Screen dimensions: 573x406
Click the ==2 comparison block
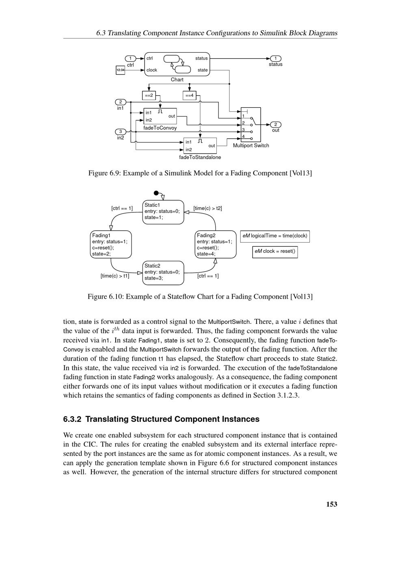click(x=149, y=96)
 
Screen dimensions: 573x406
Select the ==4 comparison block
click(x=190, y=96)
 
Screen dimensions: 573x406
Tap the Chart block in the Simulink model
click(x=177, y=64)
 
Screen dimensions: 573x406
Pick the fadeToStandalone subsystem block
click(x=200, y=145)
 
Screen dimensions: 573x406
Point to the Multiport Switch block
click(x=251, y=124)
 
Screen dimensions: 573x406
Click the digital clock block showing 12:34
click(x=120, y=70)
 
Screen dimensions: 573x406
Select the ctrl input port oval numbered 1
click(x=130, y=58)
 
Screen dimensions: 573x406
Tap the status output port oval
click(x=275, y=58)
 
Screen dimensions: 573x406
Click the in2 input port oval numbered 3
click(x=121, y=131)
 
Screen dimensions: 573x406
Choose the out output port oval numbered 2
click(x=275, y=124)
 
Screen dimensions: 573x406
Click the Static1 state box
click(x=163, y=212)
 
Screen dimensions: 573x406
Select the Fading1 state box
click(x=111, y=244)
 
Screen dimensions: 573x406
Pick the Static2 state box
click(x=163, y=272)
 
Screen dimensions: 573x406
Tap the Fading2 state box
click(x=216, y=244)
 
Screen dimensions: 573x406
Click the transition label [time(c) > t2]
click(x=207, y=208)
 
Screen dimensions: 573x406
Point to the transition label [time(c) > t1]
click(x=115, y=276)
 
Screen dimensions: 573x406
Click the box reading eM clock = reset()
click(x=275, y=251)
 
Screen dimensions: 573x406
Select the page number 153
click(x=332, y=504)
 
